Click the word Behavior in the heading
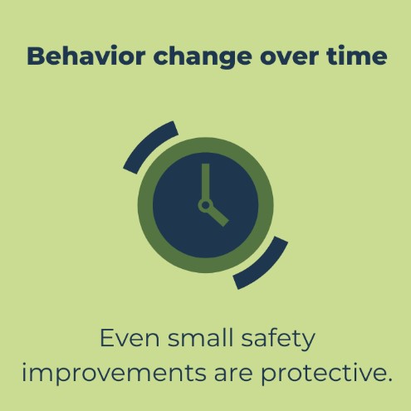[x=86, y=56]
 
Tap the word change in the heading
[x=203, y=57]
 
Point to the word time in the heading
[x=356, y=56]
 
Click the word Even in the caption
[x=130, y=338]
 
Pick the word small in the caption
[x=200, y=337]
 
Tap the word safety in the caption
[x=278, y=340]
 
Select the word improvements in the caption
[x=114, y=372]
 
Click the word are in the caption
[x=233, y=374]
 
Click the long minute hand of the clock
[x=205, y=183]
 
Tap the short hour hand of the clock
[x=218, y=216]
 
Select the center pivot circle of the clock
[x=205, y=206]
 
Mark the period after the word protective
[x=389, y=379]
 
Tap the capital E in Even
[x=107, y=338]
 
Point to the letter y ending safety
[x=308, y=343]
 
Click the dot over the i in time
[x=341, y=47]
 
